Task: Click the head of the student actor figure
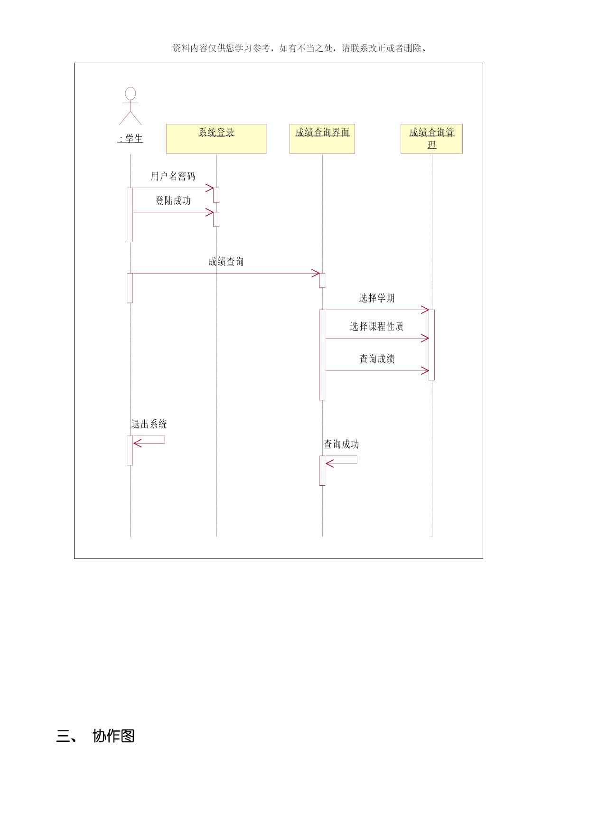(130, 93)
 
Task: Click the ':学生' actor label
(131, 139)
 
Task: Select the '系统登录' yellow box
(216, 139)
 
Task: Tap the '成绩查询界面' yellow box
(322, 139)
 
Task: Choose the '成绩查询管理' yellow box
(431, 139)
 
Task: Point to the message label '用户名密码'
(173, 176)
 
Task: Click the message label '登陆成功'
(173, 200)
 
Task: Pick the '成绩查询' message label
(226, 261)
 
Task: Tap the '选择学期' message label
(377, 298)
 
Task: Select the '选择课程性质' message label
(377, 326)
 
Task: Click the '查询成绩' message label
(377, 359)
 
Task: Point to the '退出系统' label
(149, 424)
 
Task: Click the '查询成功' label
(341, 444)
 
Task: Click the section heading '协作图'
(113, 736)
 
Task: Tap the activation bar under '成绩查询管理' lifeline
(431, 345)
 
